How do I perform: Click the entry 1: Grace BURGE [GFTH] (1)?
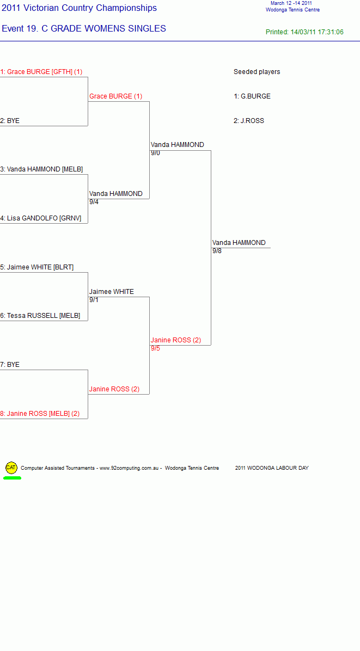point(41,72)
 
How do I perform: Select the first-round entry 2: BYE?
point(10,121)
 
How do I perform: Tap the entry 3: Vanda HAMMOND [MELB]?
point(41,169)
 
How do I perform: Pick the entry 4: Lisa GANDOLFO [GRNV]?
point(41,218)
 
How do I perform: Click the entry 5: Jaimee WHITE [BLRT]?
point(37,267)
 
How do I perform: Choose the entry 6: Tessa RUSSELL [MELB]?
point(40,316)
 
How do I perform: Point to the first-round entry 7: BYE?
point(10,365)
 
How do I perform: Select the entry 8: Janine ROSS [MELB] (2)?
point(40,414)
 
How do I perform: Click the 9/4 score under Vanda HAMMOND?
point(94,202)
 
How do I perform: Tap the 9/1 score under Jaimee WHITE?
point(94,300)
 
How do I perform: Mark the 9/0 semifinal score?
point(155,153)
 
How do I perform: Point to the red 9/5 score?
point(155,348)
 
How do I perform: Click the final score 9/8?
point(217,251)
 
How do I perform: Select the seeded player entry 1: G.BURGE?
point(252,96)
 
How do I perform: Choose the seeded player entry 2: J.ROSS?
point(249,121)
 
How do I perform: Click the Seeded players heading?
point(257,72)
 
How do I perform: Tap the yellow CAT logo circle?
point(11,468)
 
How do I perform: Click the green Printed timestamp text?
point(305,32)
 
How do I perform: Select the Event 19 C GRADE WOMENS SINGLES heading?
point(84,29)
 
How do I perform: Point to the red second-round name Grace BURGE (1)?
point(116,96)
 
